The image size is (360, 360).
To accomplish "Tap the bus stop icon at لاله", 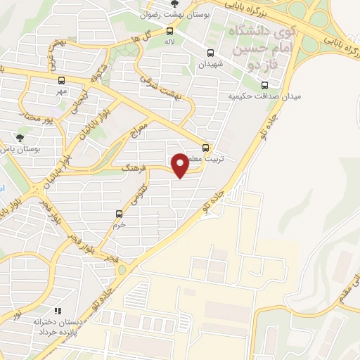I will click(x=169, y=31).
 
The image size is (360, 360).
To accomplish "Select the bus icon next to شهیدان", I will click(x=210, y=53).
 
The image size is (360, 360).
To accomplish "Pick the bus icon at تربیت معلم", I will click(x=205, y=148).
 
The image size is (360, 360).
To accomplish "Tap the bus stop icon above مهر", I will click(x=61, y=79).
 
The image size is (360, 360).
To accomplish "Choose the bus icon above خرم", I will click(x=119, y=213).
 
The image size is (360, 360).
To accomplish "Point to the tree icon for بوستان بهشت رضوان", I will click(x=174, y=4).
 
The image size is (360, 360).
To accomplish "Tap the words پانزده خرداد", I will click(x=57, y=331).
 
